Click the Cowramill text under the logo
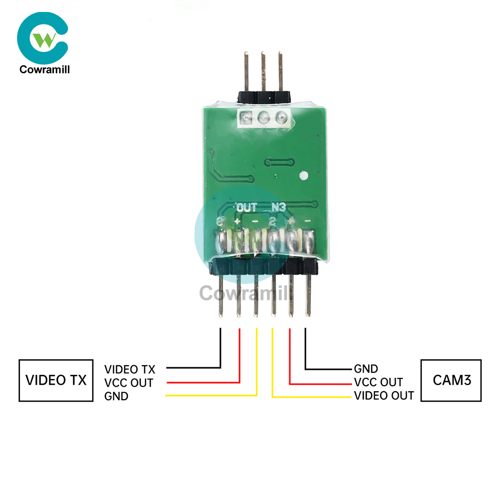44,69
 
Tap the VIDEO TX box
56,380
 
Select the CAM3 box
452,380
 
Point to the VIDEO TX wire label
130,370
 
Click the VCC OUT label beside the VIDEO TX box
129,383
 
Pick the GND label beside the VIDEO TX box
116,397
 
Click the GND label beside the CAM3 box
366,369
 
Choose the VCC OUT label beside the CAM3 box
378,383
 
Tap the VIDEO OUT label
384,396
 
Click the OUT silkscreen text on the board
248,207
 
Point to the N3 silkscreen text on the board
278,207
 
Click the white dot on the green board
303,176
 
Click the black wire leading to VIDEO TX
220,349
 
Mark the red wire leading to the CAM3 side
290,359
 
